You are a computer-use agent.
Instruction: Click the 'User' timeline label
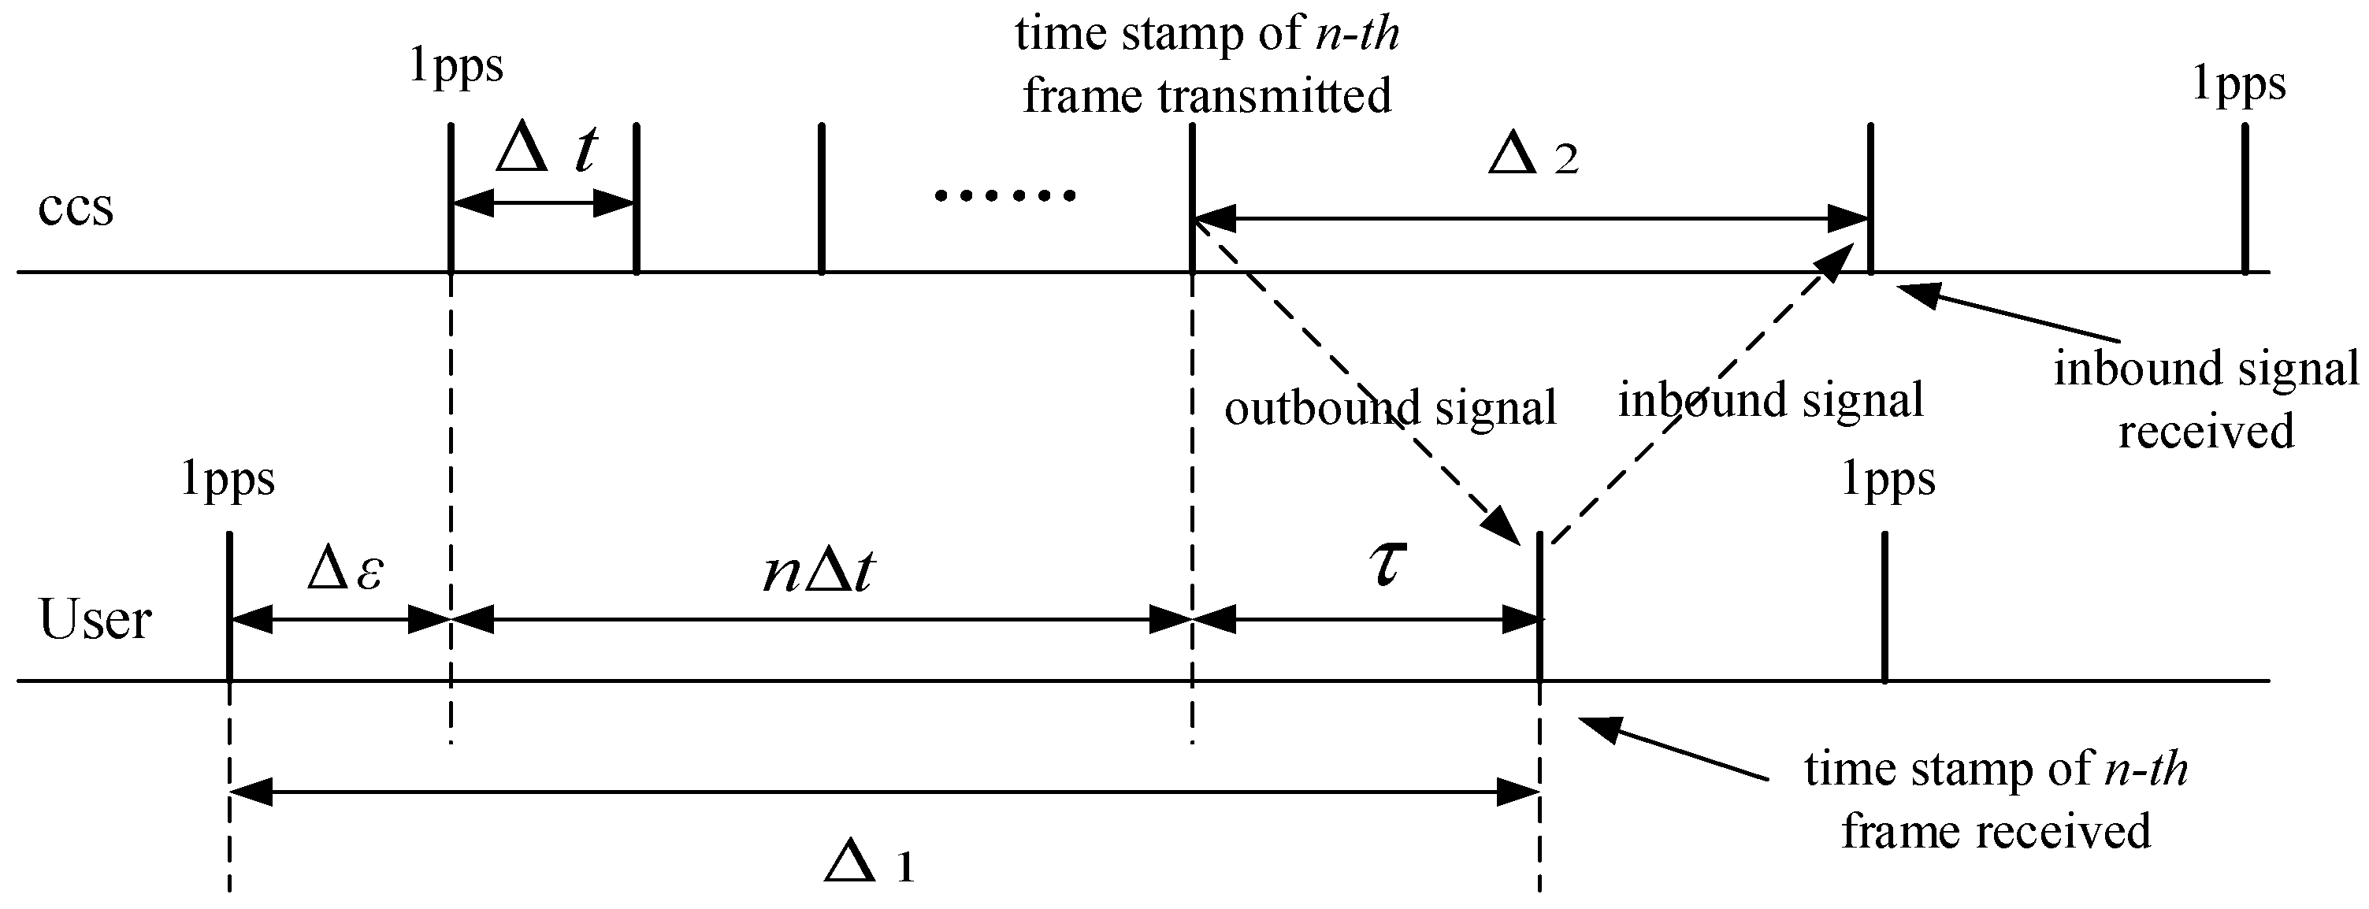pos(95,619)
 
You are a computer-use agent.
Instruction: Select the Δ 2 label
pos(1532,158)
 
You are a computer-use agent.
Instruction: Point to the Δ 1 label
pos(868,864)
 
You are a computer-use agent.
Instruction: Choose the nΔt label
pos(819,573)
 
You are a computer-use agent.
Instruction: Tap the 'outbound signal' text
pos(1390,407)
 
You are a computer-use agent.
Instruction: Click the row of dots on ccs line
pos(1004,195)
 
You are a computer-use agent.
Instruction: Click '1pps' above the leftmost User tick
pos(227,480)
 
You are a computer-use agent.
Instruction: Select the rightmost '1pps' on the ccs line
pos(2238,84)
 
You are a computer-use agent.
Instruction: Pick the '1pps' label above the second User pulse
pos(1888,480)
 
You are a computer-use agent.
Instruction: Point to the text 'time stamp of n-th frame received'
pos(1996,800)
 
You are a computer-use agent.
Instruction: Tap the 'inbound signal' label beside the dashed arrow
pos(1770,401)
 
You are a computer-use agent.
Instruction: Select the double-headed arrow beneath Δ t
pos(544,203)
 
